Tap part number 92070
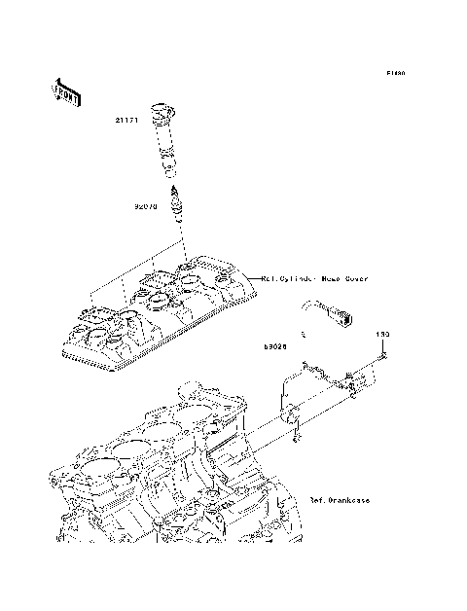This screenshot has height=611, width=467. pos(147,206)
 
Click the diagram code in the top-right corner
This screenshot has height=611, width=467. pos(394,74)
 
